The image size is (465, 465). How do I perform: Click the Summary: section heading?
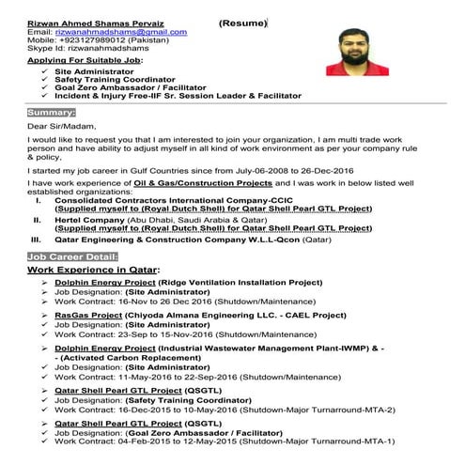click(52, 112)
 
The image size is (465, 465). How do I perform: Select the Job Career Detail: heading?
click(73, 256)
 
